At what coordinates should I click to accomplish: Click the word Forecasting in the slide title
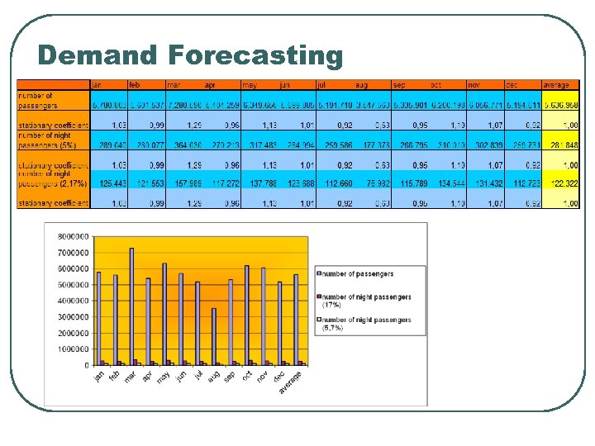255,55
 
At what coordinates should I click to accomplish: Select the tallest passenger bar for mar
131,306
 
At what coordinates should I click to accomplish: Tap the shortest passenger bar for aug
213,336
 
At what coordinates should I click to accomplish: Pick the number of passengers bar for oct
246,315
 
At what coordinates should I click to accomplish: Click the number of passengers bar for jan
98,318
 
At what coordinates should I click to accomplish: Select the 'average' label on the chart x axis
290,382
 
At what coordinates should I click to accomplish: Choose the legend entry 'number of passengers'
357,274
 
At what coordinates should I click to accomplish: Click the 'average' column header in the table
556,84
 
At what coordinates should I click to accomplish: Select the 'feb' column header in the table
135,84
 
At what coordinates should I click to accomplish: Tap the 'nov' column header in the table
474,84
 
